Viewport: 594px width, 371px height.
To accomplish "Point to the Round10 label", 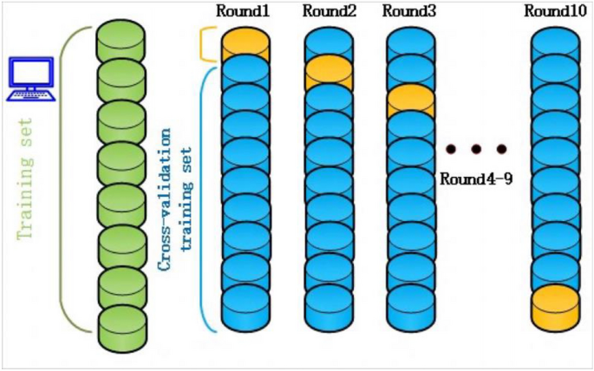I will pos(556,11).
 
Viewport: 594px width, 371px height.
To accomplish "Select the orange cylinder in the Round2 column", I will pos(329,71).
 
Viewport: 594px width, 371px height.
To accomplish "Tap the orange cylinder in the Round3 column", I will pos(411,100).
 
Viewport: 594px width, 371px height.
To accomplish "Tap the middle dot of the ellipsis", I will pos(475,150).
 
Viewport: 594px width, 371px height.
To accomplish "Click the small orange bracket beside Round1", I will pos(206,44).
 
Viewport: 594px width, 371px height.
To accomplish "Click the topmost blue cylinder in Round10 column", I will pos(555,43).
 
